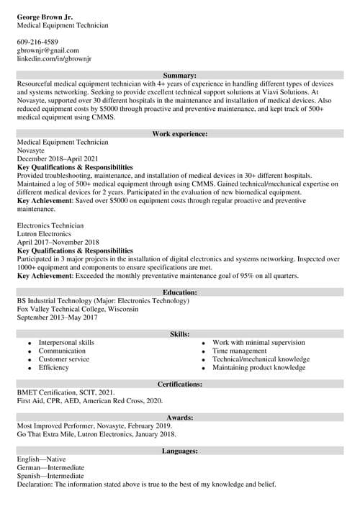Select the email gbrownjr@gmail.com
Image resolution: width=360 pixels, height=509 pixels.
(48, 50)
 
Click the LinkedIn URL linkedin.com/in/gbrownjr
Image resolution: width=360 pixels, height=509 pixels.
(57, 58)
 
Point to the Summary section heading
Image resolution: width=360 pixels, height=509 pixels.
(180, 76)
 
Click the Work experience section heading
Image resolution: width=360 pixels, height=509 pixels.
(180, 134)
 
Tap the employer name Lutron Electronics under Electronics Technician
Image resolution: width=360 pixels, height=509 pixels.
(44, 234)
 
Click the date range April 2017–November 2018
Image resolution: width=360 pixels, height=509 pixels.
(58, 243)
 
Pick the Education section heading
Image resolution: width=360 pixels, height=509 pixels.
(180, 292)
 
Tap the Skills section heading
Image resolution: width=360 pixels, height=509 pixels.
(180, 334)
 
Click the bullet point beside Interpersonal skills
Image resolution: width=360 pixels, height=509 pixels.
(29, 343)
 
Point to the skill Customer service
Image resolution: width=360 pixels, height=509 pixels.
(64, 359)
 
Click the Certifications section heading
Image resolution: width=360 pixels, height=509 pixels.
(180, 384)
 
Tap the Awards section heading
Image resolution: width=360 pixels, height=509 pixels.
(180, 418)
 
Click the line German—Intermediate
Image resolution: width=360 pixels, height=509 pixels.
(50, 468)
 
